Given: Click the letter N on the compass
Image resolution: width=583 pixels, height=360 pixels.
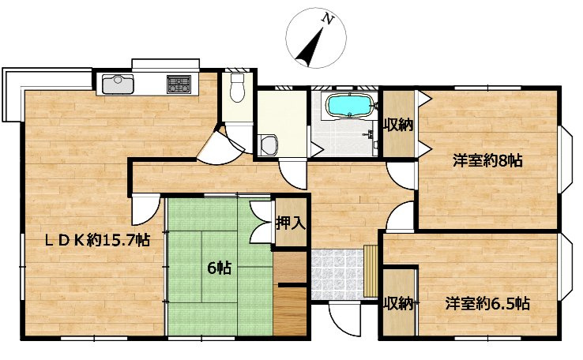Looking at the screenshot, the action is tap(327, 19).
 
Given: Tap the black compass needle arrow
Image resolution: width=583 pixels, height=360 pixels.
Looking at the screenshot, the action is tap(310, 47).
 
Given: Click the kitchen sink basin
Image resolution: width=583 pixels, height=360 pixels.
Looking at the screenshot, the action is tap(118, 84).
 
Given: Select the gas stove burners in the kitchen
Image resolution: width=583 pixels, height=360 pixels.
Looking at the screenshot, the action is tap(179, 84).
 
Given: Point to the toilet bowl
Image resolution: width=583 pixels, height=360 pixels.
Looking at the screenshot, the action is tap(236, 88).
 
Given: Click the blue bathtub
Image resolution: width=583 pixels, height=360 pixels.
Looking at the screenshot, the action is tap(349, 105).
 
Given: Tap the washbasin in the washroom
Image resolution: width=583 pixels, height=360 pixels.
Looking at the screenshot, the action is tap(269, 145).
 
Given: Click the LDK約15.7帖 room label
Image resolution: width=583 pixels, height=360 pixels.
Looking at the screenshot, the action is tap(97, 240).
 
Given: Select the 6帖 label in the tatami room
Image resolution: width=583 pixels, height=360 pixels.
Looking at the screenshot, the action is tap(219, 268).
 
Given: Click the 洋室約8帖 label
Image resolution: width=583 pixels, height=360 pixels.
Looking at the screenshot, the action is tap(487, 161).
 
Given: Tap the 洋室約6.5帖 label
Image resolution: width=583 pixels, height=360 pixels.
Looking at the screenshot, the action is tap(487, 303).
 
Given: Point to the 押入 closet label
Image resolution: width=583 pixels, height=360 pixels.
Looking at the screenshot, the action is tap(291, 223).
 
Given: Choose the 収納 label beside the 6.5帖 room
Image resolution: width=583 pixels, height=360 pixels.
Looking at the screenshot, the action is tap(399, 303).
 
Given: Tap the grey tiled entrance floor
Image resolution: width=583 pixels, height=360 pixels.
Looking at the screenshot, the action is tap(337, 274).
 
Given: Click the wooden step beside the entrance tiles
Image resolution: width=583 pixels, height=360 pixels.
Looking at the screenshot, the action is tap(370, 271).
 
